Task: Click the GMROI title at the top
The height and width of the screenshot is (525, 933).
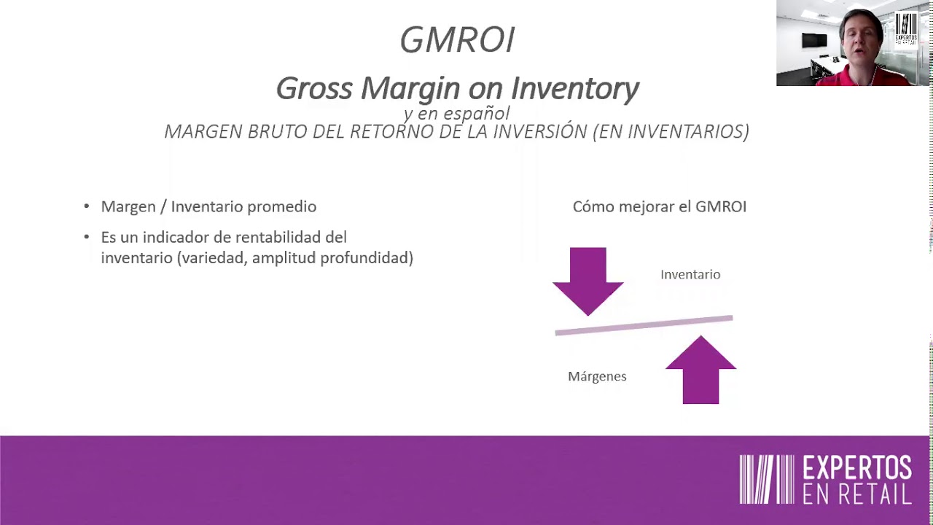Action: pos(457,40)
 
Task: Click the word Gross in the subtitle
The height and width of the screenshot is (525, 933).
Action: pos(315,88)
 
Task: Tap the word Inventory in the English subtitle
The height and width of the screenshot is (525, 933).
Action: pos(574,88)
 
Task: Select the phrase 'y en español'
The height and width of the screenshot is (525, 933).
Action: pos(456,113)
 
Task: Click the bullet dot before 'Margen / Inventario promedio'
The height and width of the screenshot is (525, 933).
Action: pos(87,207)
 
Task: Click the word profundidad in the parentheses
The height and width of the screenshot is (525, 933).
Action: pos(367,257)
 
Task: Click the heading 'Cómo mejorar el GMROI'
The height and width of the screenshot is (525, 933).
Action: pos(659,206)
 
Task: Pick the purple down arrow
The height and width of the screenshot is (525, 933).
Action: pos(587,280)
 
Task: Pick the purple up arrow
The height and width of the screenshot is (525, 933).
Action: pos(700,370)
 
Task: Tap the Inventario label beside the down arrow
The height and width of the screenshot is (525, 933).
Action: pos(690,274)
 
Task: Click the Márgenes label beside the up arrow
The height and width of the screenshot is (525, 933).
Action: pos(597,376)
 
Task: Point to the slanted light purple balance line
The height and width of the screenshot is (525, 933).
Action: pos(644,325)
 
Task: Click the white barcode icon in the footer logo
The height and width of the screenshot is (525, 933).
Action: pos(766,479)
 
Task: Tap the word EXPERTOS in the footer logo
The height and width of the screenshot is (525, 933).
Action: pos(857,468)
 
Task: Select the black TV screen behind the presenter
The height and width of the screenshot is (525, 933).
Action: pos(814,41)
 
